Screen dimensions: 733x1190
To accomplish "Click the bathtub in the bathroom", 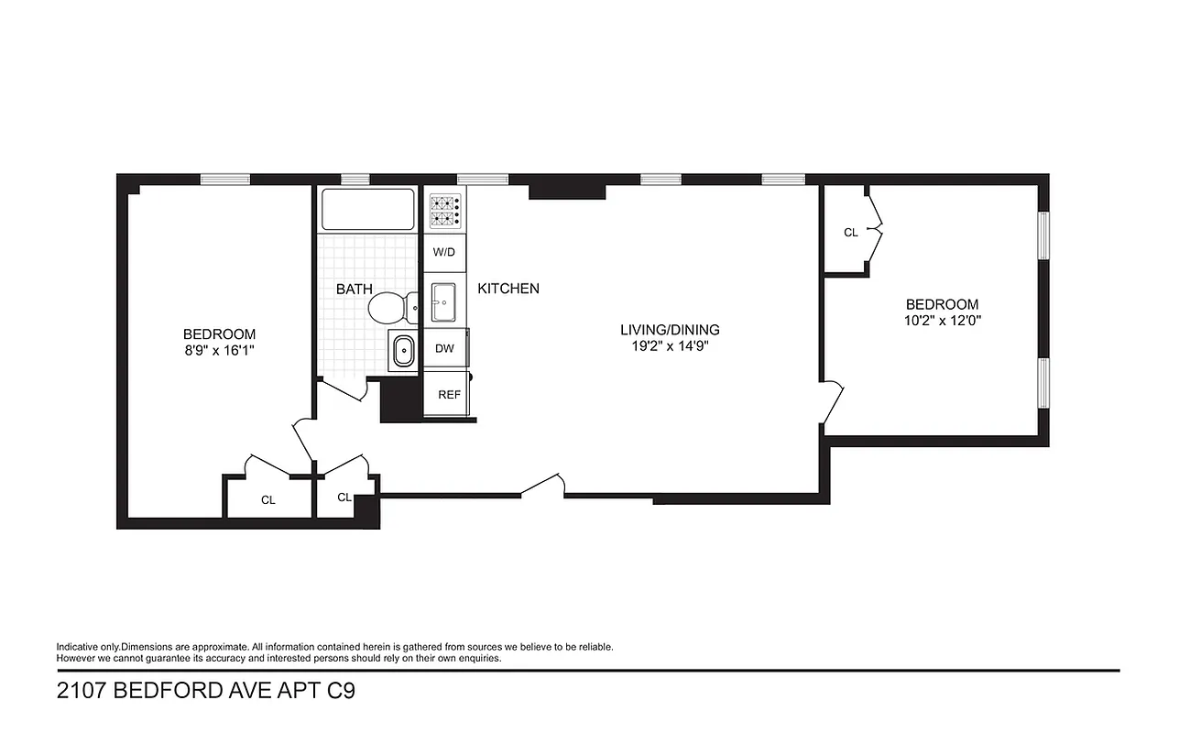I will point(367,210).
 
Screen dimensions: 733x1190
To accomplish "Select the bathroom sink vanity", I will point(403,351).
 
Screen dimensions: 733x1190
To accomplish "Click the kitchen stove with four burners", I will point(445,211).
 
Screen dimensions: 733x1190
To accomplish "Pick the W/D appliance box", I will point(444,252).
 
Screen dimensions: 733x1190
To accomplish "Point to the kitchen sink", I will point(445,302).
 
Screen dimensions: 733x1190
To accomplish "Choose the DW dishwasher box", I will point(444,348).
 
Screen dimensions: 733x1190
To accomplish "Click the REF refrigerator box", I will point(448,395).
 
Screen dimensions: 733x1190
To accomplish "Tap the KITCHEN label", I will point(508,289).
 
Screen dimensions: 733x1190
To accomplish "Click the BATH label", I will point(354,290).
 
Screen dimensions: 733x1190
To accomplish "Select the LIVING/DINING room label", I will point(670,330).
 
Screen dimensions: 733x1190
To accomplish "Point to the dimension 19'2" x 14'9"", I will point(670,346).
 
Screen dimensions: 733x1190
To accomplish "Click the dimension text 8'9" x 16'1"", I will point(219,351).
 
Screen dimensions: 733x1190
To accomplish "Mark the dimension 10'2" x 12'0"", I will point(942,321).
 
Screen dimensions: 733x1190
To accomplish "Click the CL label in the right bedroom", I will point(850,233).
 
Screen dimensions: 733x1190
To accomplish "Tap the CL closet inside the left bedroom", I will point(267,500).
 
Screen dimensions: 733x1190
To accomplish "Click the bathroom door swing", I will point(344,391).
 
